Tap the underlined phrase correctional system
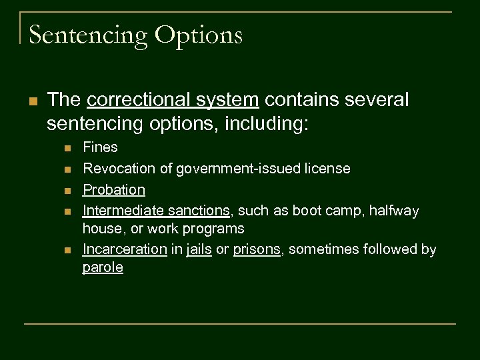coord(173,100)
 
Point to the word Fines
coord(100,147)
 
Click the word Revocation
coord(115,169)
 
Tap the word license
coord(327,169)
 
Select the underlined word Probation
coord(113,190)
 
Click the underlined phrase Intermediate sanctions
coord(156,211)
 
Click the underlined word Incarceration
coord(125,250)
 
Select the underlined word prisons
coord(257,250)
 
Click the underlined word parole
coord(103,268)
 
